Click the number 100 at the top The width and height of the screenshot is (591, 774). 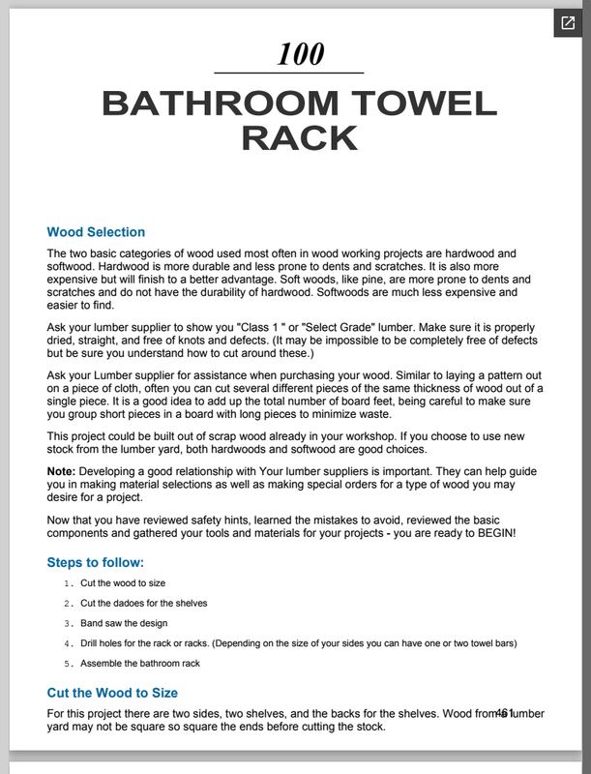(x=300, y=54)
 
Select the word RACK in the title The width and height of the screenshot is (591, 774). (x=299, y=137)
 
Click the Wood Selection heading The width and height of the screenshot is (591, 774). (x=96, y=232)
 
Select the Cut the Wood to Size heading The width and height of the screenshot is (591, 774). (x=112, y=693)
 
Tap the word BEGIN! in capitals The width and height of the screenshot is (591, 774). (x=493, y=532)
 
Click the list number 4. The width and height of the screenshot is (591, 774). (x=68, y=643)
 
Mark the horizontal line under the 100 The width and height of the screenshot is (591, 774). (x=288, y=73)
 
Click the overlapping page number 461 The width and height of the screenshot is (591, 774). (x=504, y=714)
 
